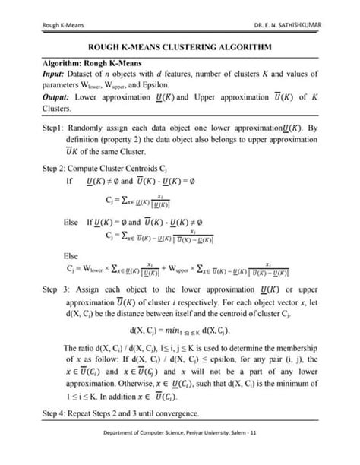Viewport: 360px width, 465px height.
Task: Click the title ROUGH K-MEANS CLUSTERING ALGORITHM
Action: [181, 46]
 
